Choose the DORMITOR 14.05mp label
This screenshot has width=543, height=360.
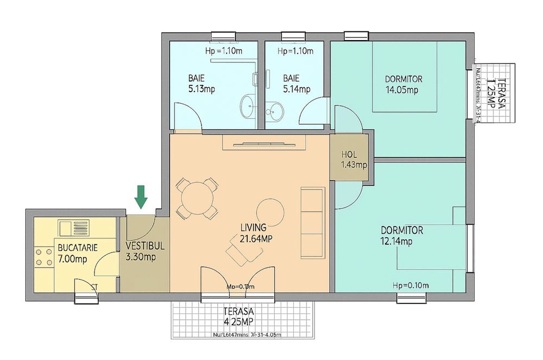pos(403,84)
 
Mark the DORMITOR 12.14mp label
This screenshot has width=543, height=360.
pos(401,236)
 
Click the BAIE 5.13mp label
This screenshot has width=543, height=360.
pos(200,84)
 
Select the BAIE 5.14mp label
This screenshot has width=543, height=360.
pos(296,84)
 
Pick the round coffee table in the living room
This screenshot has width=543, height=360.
pos(270,212)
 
